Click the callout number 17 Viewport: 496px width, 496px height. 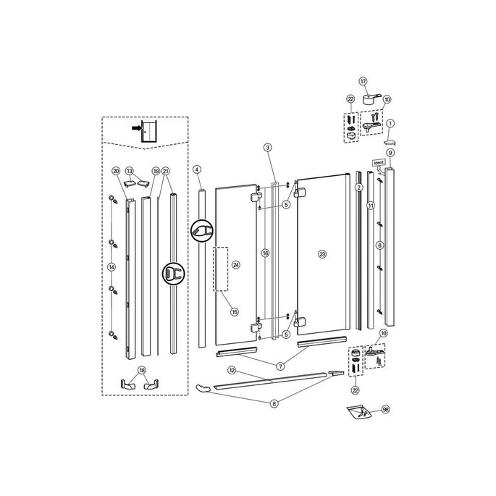[363, 82]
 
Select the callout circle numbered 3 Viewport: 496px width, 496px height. [267, 147]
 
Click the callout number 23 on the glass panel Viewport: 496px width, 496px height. [322, 253]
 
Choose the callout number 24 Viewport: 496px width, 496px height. [235, 265]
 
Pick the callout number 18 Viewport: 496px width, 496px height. [142, 370]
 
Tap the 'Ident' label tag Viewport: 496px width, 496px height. [378, 164]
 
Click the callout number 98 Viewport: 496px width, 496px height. [385, 409]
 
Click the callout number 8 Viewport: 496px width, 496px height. [274, 403]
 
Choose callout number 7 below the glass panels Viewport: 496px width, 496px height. [279, 367]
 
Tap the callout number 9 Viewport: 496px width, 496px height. [390, 153]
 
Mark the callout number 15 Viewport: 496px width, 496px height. [234, 312]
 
